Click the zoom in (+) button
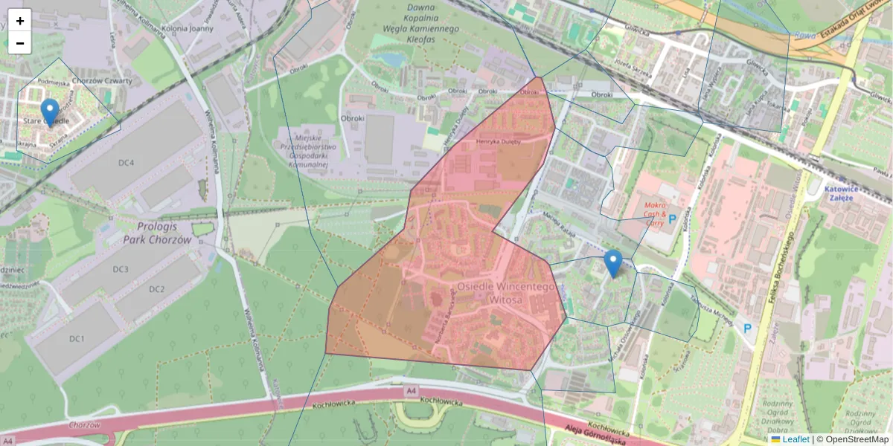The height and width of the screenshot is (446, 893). [20, 21]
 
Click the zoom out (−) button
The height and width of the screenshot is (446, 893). [20, 43]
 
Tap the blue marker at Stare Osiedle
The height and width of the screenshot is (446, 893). [50, 112]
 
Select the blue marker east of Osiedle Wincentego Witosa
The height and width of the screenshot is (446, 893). [612, 263]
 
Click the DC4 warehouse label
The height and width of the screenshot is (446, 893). [126, 163]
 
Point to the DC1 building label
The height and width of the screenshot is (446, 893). [77, 339]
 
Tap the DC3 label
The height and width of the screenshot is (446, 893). [121, 269]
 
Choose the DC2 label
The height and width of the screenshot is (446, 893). [156, 289]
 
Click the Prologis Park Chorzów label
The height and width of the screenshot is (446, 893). [164, 233]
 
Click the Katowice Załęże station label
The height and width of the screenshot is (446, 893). [848, 193]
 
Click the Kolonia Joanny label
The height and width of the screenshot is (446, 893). [191, 29]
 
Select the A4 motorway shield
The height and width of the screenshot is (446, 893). [410, 390]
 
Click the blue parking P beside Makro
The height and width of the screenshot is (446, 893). [673, 219]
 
